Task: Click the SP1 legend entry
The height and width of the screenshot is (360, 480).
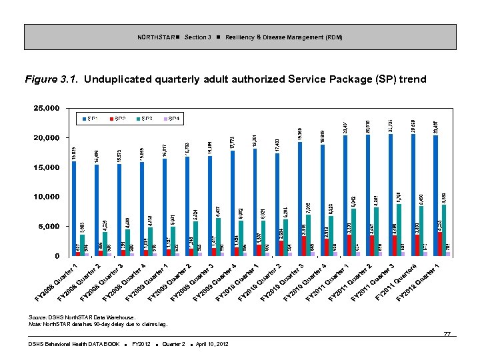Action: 90,119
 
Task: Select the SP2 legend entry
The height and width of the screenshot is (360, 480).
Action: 117,119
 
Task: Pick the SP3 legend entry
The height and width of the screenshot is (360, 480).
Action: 144,119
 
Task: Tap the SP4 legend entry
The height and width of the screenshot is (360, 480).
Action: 171,119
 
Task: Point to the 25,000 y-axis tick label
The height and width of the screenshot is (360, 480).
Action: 47,108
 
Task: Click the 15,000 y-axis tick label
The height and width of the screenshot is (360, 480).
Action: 47,167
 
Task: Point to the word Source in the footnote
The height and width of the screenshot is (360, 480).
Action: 38,317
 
